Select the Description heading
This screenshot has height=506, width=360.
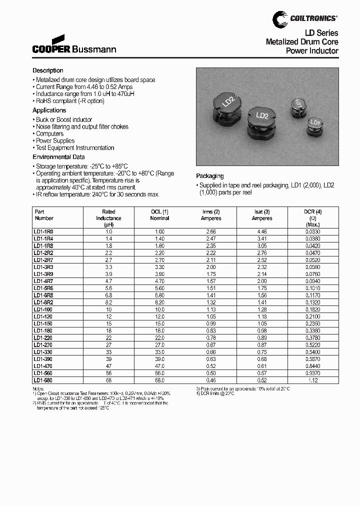click(48, 70)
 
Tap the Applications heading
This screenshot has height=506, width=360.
click(49, 110)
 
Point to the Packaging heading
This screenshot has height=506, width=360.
click(209, 176)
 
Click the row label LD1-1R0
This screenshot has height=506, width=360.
click(43, 232)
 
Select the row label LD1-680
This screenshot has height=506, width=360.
click(43, 379)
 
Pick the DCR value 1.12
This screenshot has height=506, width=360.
click(313, 379)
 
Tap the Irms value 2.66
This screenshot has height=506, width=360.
click(210, 232)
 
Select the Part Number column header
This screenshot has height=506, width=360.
click(44, 215)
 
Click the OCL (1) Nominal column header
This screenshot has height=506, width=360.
click(159, 215)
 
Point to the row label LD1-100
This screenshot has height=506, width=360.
click(43, 309)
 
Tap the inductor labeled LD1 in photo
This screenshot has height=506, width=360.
click(314, 125)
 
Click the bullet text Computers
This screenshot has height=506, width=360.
click(49, 134)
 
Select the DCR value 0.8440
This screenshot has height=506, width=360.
click(313, 365)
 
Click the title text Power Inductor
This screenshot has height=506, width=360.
click(312, 51)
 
